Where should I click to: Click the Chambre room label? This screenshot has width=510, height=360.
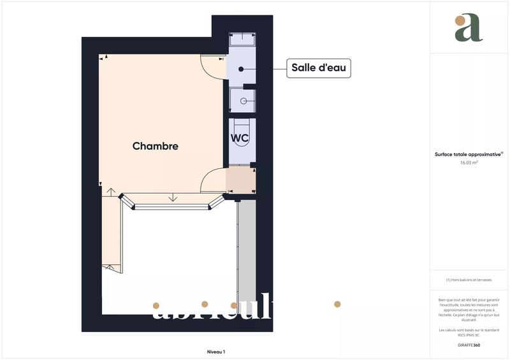pos(155,146)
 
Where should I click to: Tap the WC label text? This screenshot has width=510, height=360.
pos(240,138)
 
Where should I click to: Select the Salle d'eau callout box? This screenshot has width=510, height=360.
pos(319,68)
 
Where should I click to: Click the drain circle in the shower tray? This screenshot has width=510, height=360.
pos(243,101)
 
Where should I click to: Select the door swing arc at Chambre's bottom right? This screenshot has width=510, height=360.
pos(212,180)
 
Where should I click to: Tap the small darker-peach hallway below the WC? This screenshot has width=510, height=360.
pos(241,180)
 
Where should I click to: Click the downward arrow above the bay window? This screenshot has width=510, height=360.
pos(173,198)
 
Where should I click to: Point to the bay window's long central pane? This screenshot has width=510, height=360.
pos(173,206)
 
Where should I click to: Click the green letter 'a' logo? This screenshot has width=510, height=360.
pos(469,28)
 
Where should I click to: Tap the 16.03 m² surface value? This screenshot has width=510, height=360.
pos(469,162)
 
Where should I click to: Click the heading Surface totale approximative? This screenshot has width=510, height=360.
pos(468,154)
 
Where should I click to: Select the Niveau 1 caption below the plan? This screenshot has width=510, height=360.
pos(215,352)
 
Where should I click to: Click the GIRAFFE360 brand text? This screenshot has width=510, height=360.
pos(469,345)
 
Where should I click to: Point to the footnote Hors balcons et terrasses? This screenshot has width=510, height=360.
pos(469,280)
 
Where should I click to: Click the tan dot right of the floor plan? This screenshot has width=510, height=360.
pos(337,304)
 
